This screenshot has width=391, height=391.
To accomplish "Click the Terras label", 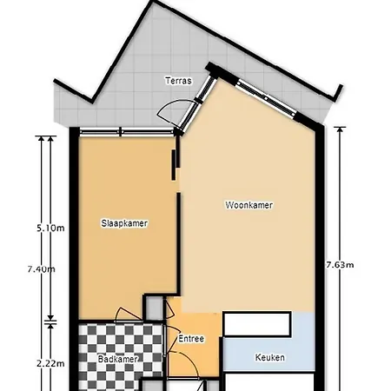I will pyautogui.click(x=179, y=81).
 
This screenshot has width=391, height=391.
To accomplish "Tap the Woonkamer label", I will pyautogui.click(x=249, y=206).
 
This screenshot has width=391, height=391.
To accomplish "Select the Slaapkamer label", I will pyautogui.click(x=124, y=223).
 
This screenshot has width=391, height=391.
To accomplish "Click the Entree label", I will pyautogui.click(x=190, y=339).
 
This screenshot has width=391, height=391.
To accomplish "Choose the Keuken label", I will pyautogui.click(x=269, y=357).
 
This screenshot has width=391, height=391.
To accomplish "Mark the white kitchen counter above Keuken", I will pyautogui.click(x=255, y=324).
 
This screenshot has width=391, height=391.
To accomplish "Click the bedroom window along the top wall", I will pyautogui.click(x=122, y=132).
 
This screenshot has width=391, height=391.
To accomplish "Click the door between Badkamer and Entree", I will pyautogui.click(x=166, y=352).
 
